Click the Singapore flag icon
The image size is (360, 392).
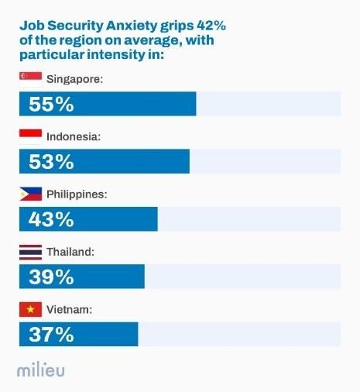[x=30, y=78]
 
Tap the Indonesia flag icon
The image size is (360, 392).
[x=30, y=136]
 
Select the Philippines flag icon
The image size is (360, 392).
[x=30, y=194]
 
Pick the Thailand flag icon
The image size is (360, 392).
[x=30, y=251]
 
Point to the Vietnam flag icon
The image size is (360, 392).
[x=30, y=309]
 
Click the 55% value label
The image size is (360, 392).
[x=51, y=104]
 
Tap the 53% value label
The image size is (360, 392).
[x=51, y=161]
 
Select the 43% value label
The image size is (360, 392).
[x=51, y=219]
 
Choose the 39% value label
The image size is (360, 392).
[x=51, y=277]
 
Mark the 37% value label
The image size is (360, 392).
[x=51, y=335]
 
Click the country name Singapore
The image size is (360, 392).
[x=74, y=79]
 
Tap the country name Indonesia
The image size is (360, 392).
[x=74, y=136]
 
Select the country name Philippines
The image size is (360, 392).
[x=77, y=194]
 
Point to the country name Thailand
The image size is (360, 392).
[x=70, y=252]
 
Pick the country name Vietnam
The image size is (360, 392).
[x=70, y=310]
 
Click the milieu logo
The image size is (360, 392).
[x=41, y=370]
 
